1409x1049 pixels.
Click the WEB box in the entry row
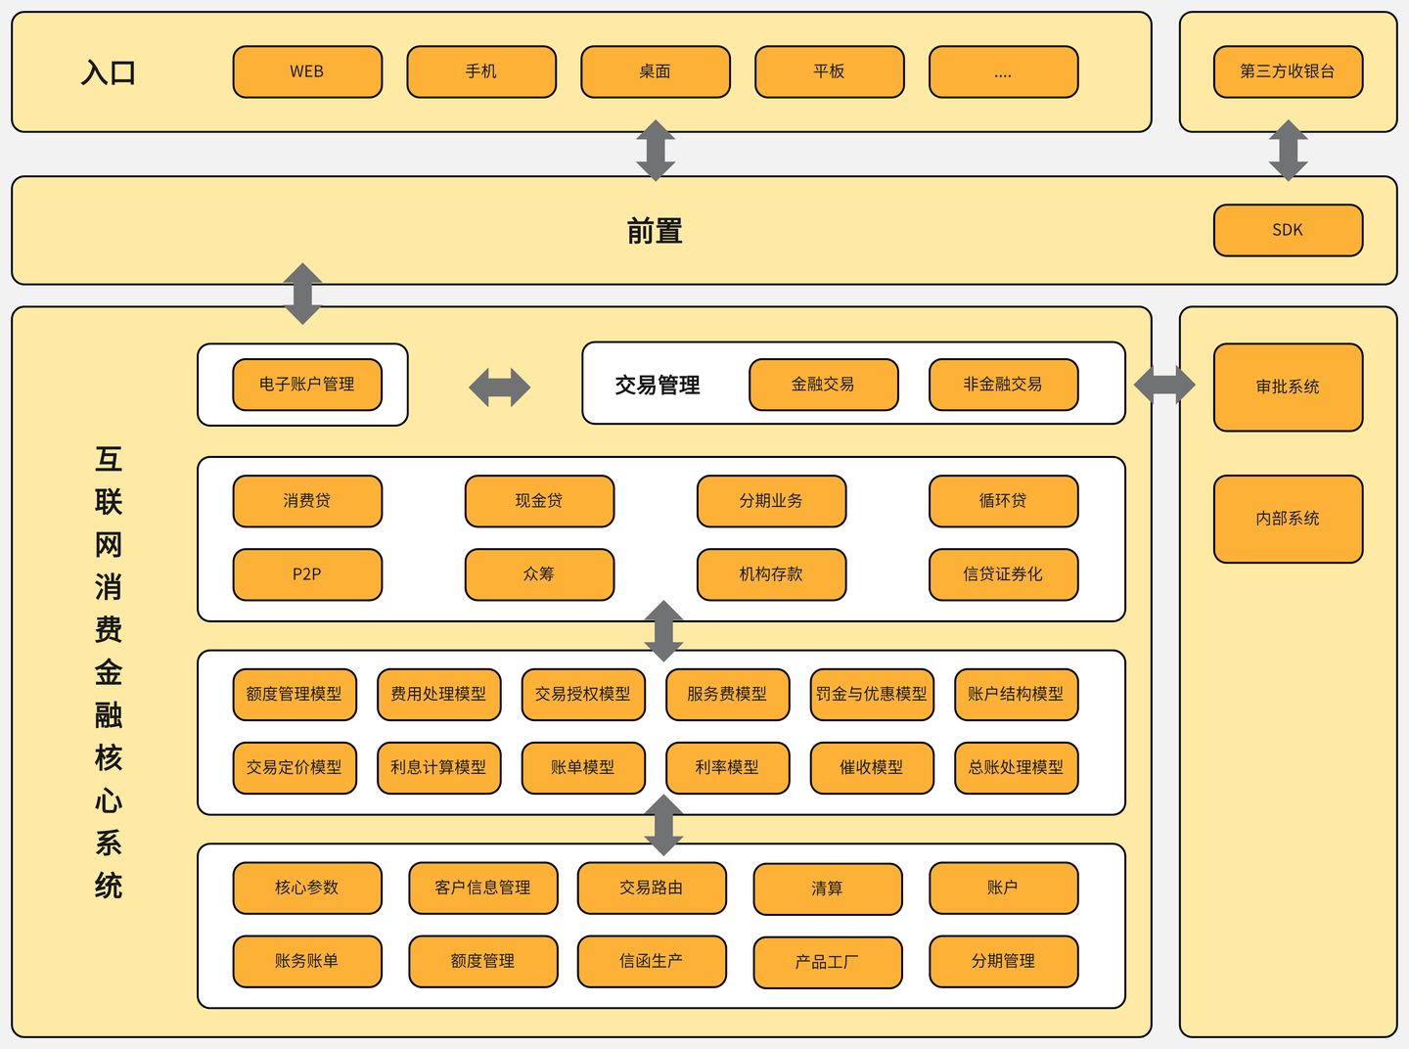[x=307, y=71]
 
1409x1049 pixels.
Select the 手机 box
[x=481, y=71]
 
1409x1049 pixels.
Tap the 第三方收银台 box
[x=1288, y=71]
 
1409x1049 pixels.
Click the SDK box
[x=1288, y=230]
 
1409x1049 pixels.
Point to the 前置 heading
[x=655, y=232]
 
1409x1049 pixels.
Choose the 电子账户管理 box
[x=307, y=385]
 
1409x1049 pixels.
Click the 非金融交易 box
[x=1003, y=385]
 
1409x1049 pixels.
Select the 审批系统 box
[x=1288, y=388]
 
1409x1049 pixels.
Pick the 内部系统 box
[x=1288, y=519]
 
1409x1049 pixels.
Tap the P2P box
[x=307, y=574]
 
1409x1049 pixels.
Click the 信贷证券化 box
[x=1003, y=574]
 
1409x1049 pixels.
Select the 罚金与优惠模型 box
[x=872, y=694]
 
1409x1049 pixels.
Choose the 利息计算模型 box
[x=438, y=767]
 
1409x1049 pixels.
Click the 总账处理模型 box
[x=1016, y=767]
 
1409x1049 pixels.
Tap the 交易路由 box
[x=652, y=888]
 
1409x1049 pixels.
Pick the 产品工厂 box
[x=828, y=962]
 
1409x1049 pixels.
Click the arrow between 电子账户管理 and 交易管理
[x=499, y=388]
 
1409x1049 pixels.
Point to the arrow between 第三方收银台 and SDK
[x=1288, y=151]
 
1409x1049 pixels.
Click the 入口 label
[x=109, y=73]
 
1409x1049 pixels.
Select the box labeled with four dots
[x=1003, y=71]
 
